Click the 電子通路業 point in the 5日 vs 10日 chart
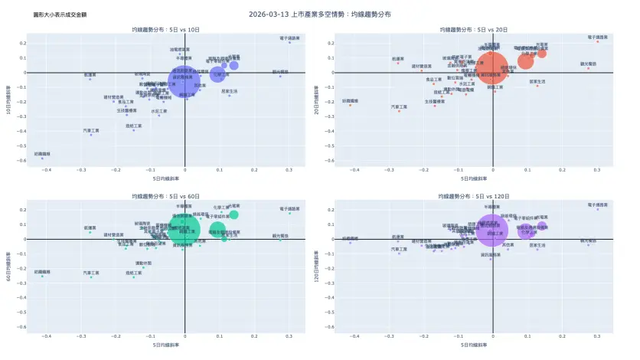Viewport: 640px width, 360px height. click(x=289, y=42)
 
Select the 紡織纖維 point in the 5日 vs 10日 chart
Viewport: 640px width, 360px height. click(x=42, y=158)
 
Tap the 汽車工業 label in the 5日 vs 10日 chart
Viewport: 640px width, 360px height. click(x=91, y=130)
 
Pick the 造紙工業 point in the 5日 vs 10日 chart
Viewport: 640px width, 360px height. click(x=133, y=129)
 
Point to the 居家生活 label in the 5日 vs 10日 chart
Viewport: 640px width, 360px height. click(x=230, y=91)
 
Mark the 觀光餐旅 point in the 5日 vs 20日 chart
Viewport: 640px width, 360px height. click(x=588, y=68)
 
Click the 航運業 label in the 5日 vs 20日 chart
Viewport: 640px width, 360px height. click(x=397, y=58)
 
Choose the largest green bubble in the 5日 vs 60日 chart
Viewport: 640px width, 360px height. click(x=184, y=229)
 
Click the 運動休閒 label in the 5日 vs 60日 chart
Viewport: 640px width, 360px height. click(x=143, y=263)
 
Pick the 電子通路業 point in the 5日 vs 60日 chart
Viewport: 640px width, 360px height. click(x=289, y=213)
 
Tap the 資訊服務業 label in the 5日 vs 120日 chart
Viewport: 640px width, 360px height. click(x=492, y=254)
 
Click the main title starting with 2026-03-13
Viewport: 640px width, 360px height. click(x=320, y=14)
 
